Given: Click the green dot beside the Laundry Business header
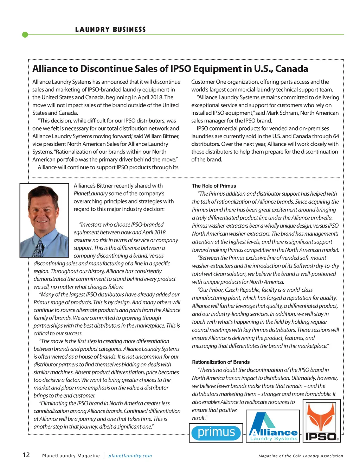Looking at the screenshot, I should tap(25, 34).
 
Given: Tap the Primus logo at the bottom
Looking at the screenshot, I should tap(216, 432).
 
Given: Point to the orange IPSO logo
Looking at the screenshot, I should tap(322, 421).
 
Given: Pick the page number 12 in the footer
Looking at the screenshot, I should tap(26, 455).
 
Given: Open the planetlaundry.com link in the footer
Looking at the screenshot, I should tap(130, 456).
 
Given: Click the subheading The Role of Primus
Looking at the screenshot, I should tap(214, 186).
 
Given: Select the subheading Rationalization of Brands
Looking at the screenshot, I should tap(221, 362).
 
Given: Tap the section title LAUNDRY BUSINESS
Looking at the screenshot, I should tap(110, 30).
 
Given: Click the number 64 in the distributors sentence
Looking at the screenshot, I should tap(336, 136).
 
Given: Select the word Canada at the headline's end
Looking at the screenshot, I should tap(291, 69).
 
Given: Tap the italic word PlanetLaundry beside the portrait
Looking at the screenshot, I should tap(91, 194).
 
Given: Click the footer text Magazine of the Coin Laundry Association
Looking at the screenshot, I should tap(301, 456).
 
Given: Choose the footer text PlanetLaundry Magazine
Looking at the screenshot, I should tap(71, 456).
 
